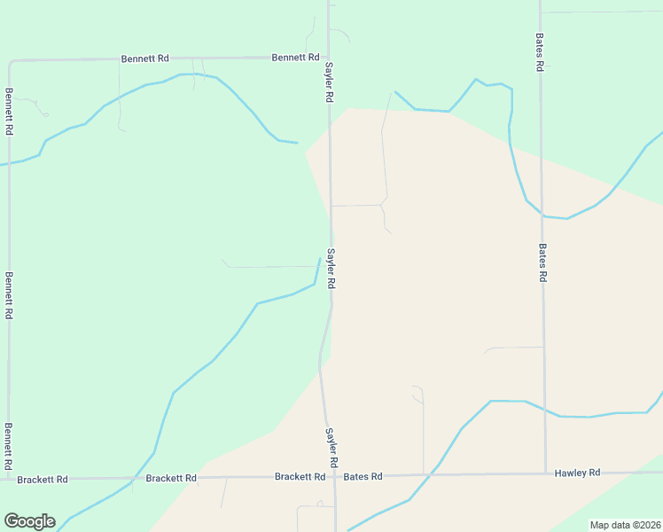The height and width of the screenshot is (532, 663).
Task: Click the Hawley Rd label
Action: coord(577,473)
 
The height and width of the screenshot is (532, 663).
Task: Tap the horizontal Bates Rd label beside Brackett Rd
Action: coord(363,476)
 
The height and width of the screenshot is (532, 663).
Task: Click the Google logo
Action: coord(29,521)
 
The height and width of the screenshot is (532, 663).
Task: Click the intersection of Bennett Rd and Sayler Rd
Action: coord(330,58)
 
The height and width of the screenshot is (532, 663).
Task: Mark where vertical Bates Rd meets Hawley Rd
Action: coord(544,473)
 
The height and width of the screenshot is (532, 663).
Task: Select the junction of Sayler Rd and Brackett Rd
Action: coord(335,476)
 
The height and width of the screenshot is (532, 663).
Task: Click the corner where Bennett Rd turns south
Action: coord(10,62)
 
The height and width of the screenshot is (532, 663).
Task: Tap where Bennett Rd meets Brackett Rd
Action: coord(9,479)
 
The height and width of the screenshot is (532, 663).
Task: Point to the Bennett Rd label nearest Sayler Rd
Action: coord(295,58)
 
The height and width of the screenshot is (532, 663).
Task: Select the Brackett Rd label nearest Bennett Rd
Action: coord(42,480)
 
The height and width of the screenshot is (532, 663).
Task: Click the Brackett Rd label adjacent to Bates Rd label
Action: coord(300,476)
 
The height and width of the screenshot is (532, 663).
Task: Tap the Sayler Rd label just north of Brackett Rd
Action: coord(330,448)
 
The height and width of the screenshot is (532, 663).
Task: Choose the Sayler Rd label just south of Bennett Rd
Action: coord(328,82)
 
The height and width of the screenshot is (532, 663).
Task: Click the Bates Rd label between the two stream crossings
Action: coord(542,262)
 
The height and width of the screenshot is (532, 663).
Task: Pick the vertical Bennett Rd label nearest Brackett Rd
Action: coord(9,446)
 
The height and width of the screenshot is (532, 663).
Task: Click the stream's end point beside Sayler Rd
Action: coord(319,259)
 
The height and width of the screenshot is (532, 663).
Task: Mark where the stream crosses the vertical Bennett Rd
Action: coord(9,163)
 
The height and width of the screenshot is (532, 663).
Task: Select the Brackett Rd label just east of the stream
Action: coord(171,478)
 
